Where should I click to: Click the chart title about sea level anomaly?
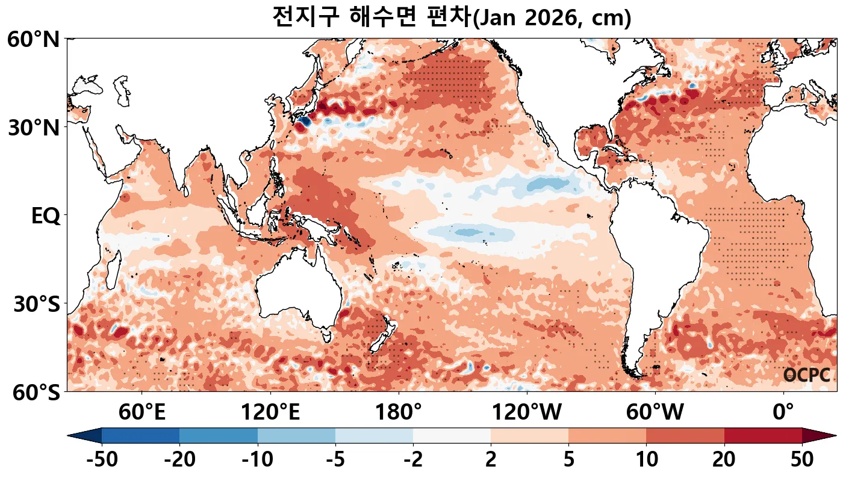click(451, 17)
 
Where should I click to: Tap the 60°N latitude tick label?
click(33, 40)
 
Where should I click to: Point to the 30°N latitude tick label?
click(33, 128)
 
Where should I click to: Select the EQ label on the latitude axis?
click(45, 216)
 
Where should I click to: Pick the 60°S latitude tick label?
click(33, 393)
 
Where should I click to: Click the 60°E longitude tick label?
click(142, 413)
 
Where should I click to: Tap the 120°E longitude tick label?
click(270, 413)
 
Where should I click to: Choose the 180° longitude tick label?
click(399, 413)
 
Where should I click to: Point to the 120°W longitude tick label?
click(527, 413)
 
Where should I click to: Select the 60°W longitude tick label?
click(655, 413)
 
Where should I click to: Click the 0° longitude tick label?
click(783, 413)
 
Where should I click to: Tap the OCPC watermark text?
click(806, 375)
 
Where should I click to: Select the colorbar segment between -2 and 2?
click(452, 435)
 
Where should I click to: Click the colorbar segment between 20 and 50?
click(763, 435)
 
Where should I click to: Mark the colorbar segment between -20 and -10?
click(219, 435)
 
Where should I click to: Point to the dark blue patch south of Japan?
click(303, 122)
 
